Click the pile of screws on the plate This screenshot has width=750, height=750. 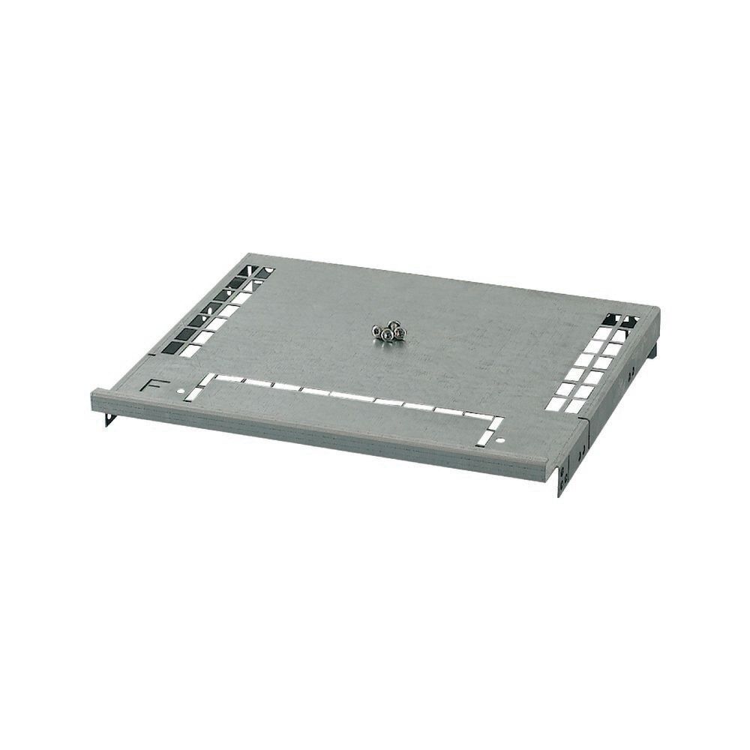pyautogui.click(x=388, y=331)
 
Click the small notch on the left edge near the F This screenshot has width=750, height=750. pyautogui.click(x=154, y=353)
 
